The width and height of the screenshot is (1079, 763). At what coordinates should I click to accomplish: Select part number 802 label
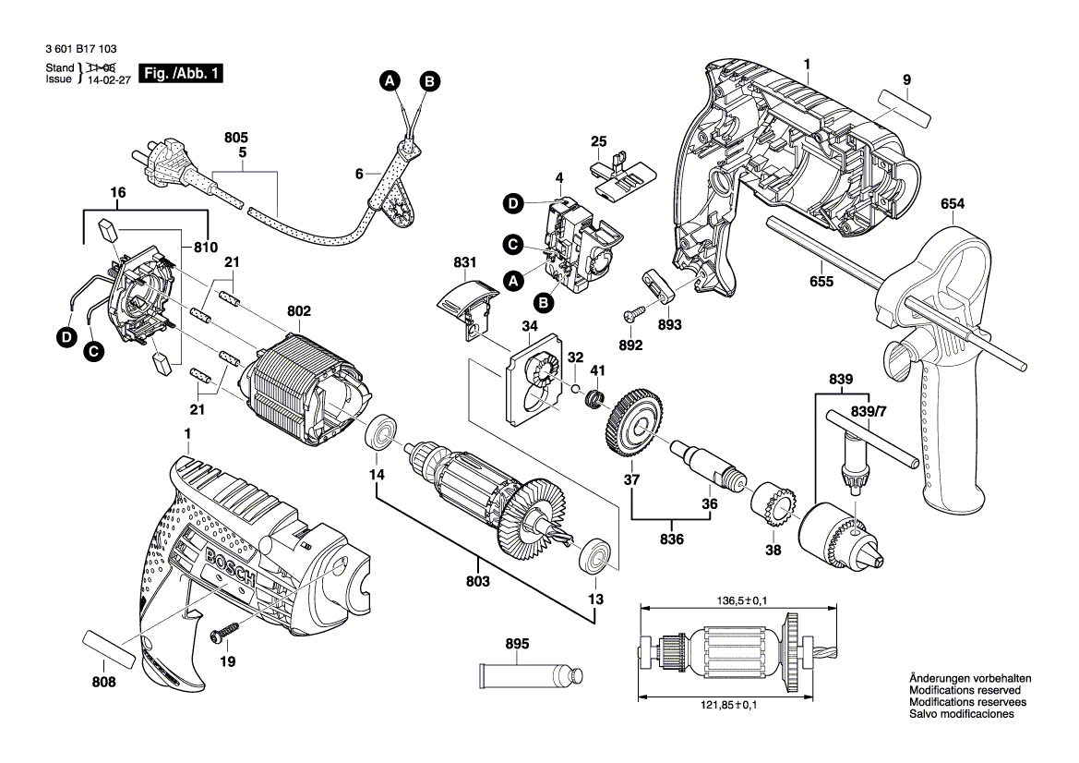tap(299, 311)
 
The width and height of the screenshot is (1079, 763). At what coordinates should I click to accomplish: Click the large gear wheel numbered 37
tap(632, 428)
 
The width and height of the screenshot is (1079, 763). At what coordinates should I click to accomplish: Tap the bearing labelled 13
tap(594, 556)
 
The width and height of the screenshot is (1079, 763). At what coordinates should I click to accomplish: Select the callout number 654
tap(953, 204)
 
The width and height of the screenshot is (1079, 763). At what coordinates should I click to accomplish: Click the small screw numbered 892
tap(630, 316)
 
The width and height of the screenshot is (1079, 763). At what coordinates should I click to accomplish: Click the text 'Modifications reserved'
tap(965, 690)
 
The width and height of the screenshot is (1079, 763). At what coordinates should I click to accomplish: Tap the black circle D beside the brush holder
tap(66, 339)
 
